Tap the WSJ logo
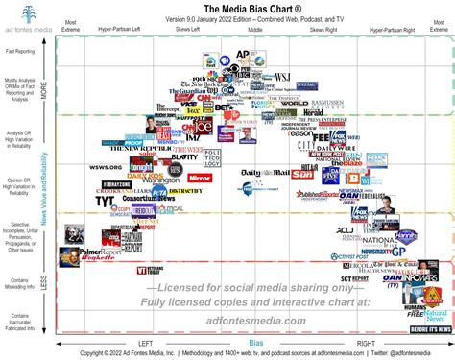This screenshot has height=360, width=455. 283,76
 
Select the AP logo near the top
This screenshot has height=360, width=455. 243,56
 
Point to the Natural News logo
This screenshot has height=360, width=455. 434,313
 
